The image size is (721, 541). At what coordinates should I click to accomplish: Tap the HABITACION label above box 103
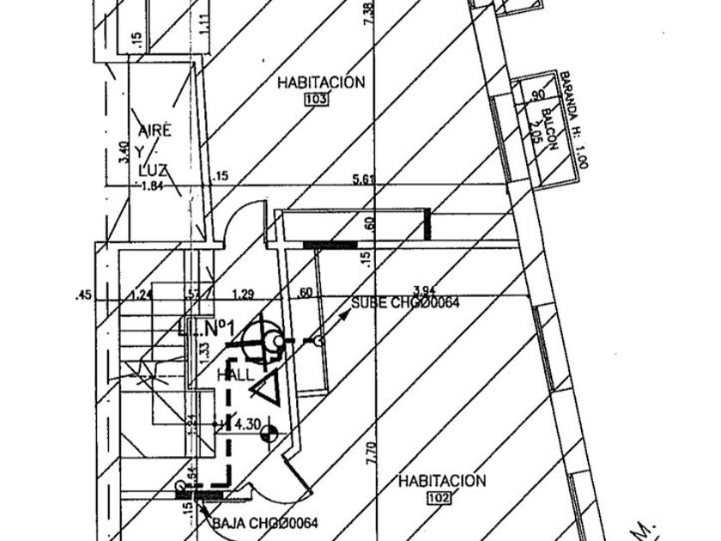point(321,82)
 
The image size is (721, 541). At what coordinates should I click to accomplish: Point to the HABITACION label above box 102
point(442,481)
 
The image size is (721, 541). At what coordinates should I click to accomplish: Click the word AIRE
point(155,131)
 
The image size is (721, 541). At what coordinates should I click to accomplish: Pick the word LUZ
point(152,170)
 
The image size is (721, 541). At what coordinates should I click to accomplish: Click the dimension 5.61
point(365,179)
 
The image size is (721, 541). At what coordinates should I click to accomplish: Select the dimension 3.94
point(425,290)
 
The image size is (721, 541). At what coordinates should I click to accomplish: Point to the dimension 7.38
point(369,13)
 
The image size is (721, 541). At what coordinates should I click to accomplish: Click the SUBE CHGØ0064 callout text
point(411,303)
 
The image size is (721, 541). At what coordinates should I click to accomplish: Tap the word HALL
point(235,375)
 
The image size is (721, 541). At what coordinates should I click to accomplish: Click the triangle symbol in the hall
point(267,389)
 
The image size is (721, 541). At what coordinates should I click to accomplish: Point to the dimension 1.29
point(243,295)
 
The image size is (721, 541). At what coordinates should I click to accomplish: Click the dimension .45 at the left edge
point(83,295)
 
